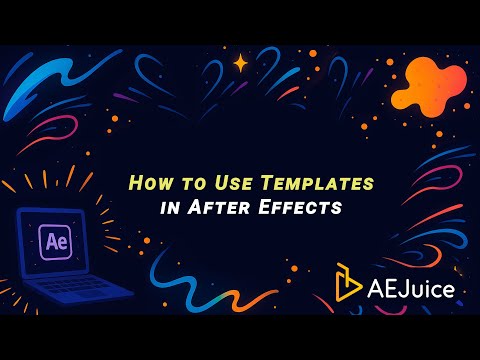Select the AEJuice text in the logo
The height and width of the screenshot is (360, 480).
click(x=412, y=290)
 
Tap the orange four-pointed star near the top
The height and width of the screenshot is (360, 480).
click(x=240, y=63)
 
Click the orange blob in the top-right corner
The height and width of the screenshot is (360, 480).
click(x=428, y=84)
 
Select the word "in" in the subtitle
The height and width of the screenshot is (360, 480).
click(x=167, y=208)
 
